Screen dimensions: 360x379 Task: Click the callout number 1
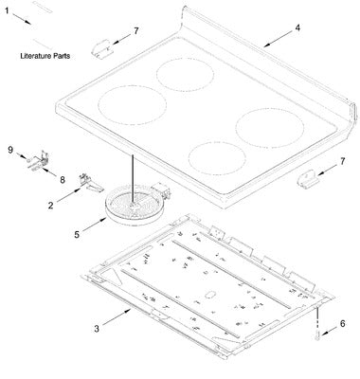(x=7, y=11)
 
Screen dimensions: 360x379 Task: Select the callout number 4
(x=297, y=27)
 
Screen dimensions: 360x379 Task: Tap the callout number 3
(x=97, y=329)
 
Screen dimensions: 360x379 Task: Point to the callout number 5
(x=77, y=235)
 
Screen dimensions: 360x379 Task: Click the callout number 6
(x=342, y=323)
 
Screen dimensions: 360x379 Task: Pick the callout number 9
(x=10, y=150)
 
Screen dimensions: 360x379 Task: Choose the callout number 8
(x=63, y=180)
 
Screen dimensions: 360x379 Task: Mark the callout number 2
(x=50, y=206)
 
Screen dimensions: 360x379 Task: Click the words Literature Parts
(x=45, y=56)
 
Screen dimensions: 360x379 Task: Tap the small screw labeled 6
(x=316, y=334)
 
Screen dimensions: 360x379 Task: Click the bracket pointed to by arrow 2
(x=90, y=183)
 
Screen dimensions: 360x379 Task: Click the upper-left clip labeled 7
(x=100, y=48)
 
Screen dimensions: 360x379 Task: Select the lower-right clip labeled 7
(x=306, y=180)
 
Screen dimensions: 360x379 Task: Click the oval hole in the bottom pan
(x=209, y=295)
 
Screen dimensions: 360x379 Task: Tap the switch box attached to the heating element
(x=160, y=192)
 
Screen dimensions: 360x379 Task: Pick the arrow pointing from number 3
(x=117, y=316)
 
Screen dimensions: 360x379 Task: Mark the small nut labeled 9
(x=28, y=160)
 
